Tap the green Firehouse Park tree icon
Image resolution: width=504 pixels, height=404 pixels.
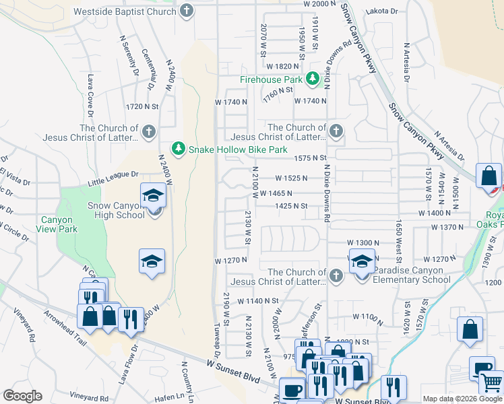[x=313, y=79]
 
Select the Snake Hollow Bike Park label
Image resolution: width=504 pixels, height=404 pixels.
[x=238, y=149]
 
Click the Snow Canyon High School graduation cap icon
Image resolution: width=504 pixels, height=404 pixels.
[x=153, y=196]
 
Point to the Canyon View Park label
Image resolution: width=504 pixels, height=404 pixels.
[x=59, y=224]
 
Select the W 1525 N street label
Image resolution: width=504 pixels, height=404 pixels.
[x=291, y=178]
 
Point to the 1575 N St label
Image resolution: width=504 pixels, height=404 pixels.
[x=310, y=158]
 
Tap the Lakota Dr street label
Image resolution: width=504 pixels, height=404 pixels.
[x=382, y=11]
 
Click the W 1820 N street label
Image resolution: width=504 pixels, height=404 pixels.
[x=282, y=67]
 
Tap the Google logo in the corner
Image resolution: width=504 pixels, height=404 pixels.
[x=22, y=396]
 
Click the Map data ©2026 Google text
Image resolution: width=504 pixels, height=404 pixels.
[x=462, y=399]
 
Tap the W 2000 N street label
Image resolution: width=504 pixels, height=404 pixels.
[x=319, y=4]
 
